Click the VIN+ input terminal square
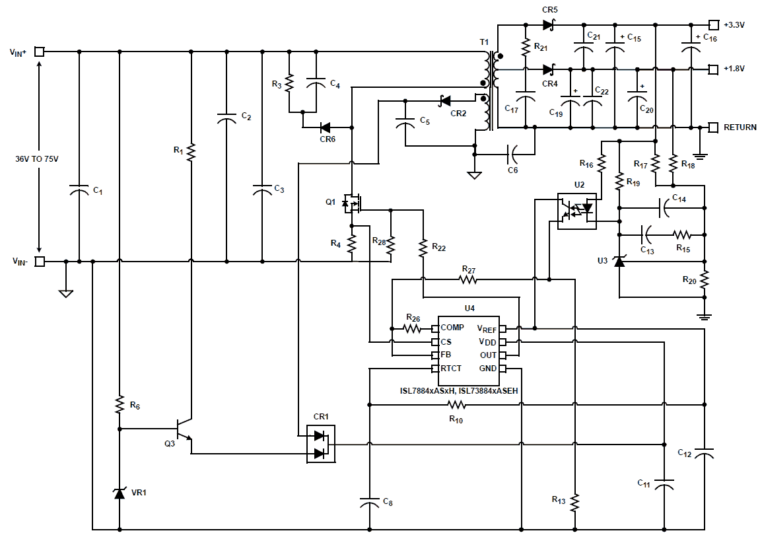40,52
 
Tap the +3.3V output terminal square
713,25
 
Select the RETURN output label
740,127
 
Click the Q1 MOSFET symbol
353,203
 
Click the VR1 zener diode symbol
120,493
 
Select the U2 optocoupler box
576,211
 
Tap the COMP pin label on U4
452,328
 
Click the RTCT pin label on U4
451,368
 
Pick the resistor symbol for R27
468,279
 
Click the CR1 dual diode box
321,444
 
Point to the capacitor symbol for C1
79,192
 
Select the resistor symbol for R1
191,152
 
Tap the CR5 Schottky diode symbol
547,25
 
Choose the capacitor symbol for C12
705,455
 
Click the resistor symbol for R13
575,502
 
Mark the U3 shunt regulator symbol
619,262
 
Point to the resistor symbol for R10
456,405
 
